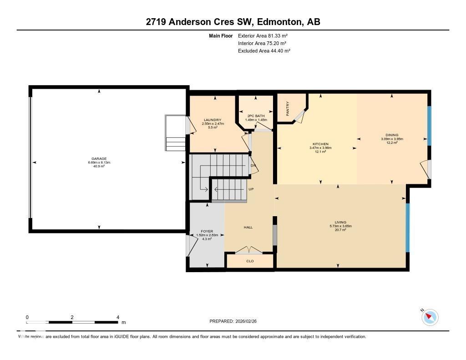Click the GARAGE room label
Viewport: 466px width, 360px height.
(x=99, y=159)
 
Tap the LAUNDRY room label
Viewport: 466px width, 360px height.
(x=212, y=120)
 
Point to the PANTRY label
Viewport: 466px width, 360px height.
(x=288, y=108)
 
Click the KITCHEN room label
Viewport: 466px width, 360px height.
(x=320, y=144)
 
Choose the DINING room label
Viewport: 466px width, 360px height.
(x=392, y=135)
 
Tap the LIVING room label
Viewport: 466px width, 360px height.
(x=340, y=223)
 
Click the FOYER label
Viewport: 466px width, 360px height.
(x=207, y=232)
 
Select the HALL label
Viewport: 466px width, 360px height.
(x=248, y=228)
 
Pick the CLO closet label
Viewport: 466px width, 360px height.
(x=250, y=261)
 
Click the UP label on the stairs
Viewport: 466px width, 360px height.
(x=251, y=189)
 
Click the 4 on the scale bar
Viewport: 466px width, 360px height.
(x=118, y=317)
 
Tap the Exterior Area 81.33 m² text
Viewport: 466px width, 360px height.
(x=263, y=35)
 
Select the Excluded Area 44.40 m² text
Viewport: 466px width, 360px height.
(x=264, y=51)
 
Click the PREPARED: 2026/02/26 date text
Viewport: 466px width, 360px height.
(x=236, y=321)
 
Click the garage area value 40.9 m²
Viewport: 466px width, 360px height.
(x=99, y=166)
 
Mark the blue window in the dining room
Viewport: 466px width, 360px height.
(x=429, y=126)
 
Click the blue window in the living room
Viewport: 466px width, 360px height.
(x=407, y=228)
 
